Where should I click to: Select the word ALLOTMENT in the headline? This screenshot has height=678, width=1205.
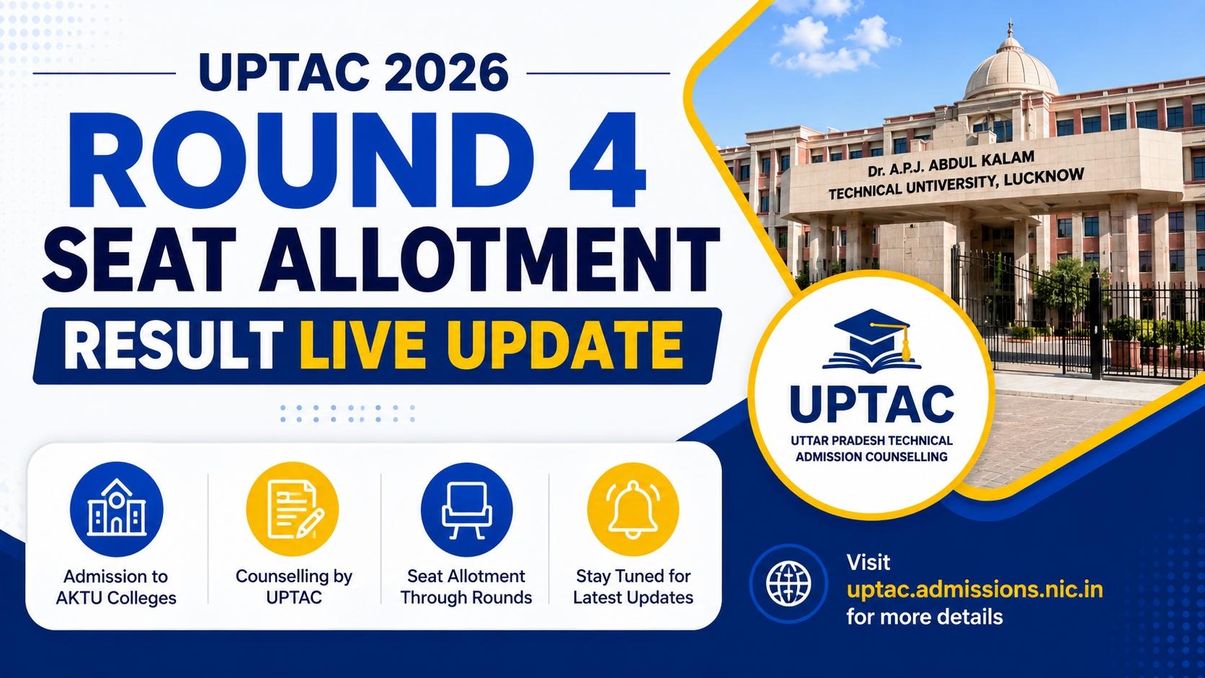489,260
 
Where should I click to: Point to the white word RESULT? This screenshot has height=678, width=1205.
173,344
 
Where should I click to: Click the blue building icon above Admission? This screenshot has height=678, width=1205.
116,509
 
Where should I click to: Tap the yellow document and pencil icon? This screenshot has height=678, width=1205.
293,509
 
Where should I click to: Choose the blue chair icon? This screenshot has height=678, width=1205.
466,509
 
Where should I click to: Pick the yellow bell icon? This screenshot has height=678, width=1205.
633,509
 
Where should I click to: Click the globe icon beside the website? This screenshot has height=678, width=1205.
788,584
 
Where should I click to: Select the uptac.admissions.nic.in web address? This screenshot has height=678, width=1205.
975,590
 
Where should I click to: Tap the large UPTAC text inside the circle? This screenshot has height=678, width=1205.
871,403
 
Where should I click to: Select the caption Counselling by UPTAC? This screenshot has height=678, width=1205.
294,586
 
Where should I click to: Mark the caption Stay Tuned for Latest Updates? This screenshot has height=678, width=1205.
633,586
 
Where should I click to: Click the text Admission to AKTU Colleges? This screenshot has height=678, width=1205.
116,586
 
